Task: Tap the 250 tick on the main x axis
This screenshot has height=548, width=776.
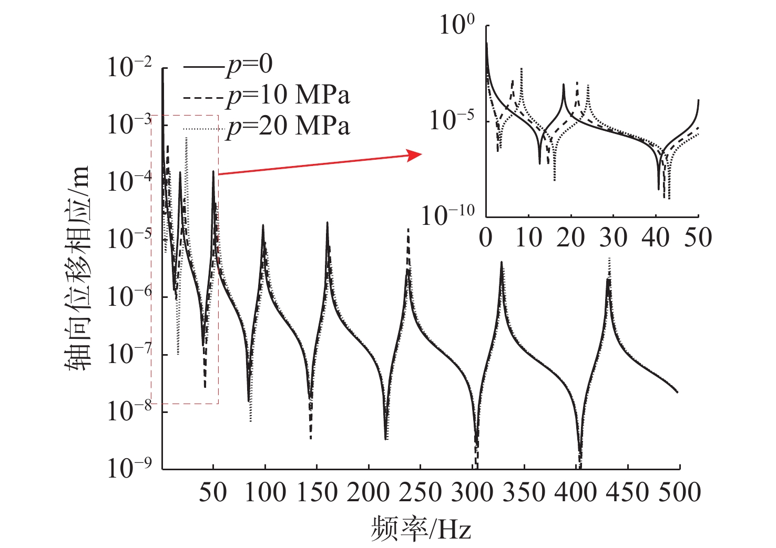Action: [420, 492]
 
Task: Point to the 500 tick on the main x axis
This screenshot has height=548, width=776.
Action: [679, 492]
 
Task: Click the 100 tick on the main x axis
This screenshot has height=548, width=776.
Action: [264, 492]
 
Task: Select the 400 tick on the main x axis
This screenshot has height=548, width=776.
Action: [576, 492]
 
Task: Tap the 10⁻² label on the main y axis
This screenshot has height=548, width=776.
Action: [129, 67]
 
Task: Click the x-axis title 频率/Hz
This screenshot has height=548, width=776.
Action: [421, 529]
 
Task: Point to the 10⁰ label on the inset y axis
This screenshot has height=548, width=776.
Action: [457, 24]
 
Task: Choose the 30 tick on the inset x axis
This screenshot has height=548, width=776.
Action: [613, 237]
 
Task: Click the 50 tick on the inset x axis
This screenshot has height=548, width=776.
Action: [698, 237]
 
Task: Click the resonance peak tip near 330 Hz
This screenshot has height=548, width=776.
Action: [502, 262]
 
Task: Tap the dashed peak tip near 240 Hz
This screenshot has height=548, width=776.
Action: [409, 230]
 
